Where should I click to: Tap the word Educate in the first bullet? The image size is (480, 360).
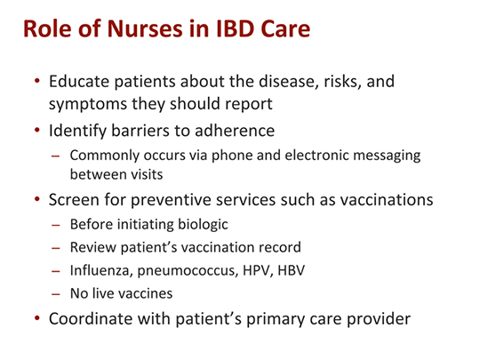coord(81,82)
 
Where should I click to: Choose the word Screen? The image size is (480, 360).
coord(75,200)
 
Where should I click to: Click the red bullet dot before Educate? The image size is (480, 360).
coord(36,82)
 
